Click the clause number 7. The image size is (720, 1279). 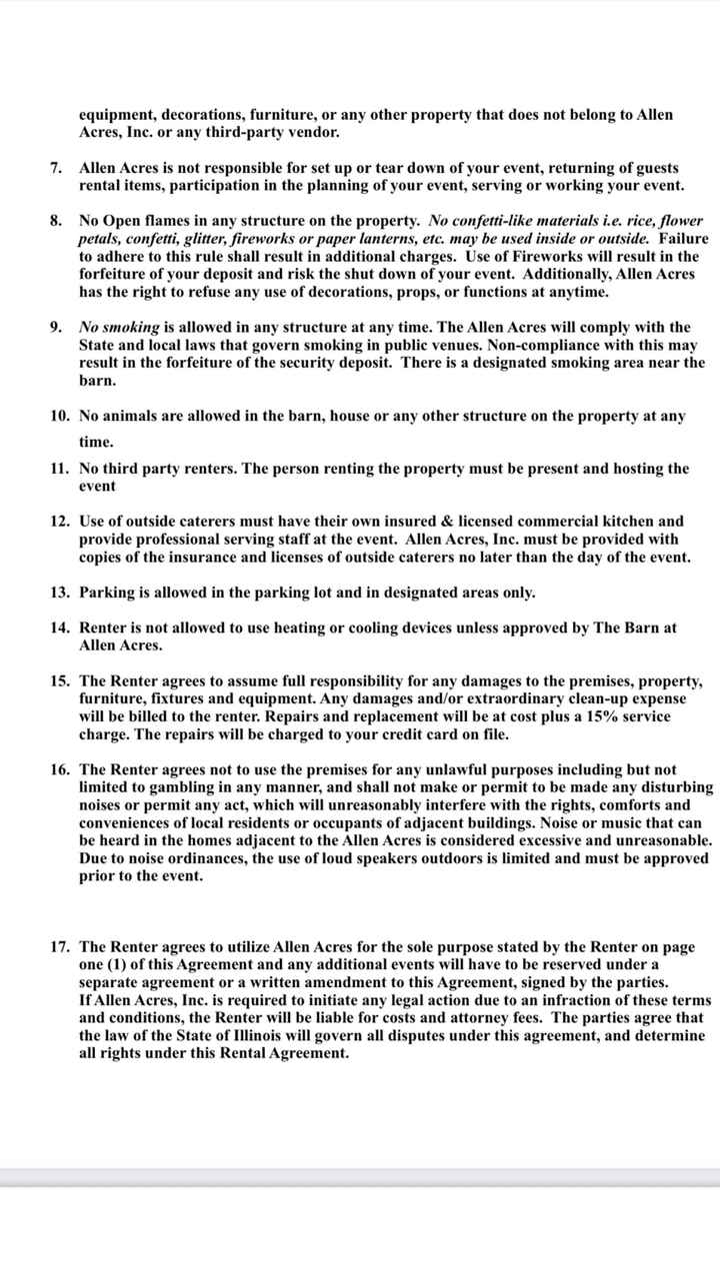tap(57, 168)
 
